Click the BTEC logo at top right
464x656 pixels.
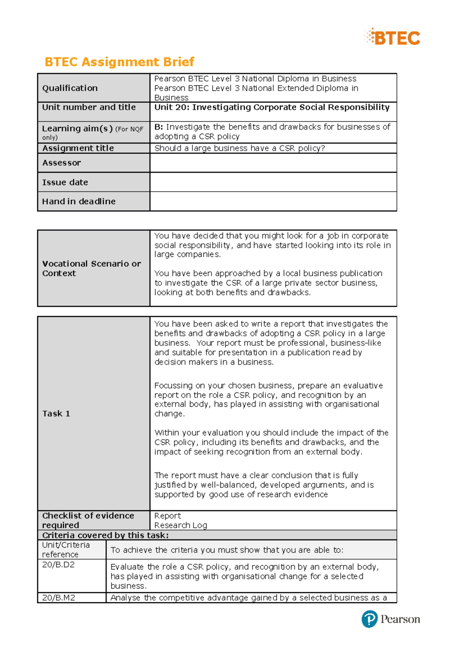pyautogui.click(x=392, y=37)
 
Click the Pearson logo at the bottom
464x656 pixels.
pyautogui.click(x=391, y=619)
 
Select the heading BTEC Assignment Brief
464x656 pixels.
pyautogui.click(x=119, y=62)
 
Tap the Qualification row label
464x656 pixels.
pyautogui.click(x=70, y=88)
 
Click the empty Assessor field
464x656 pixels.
pyautogui.click(x=273, y=163)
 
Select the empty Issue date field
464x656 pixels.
pyautogui.click(x=273, y=182)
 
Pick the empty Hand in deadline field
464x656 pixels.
pyautogui.click(x=273, y=201)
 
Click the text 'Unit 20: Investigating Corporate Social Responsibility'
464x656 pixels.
pyautogui.click(x=272, y=107)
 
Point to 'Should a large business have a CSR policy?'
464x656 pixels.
pyautogui.click(x=239, y=148)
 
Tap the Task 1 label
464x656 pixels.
pyautogui.click(x=56, y=414)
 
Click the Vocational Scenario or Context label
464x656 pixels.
pyautogui.click(x=91, y=269)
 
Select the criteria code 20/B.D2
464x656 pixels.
pyautogui.click(x=58, y=565)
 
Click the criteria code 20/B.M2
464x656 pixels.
pyautogui.click(x=59, y=598)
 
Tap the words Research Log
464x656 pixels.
pyautogui.click(x=181, y=525)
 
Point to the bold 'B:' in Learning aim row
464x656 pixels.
pyautogui.click(x=159, y=127)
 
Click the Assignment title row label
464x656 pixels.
pyautogui.click(x=78, y=148)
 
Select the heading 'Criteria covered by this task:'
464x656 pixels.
pyautogui.click(x=105, y=535)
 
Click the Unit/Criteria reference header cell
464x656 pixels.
pyautogui.click(x=66, y=549)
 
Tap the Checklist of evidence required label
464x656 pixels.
pyautogui.click(x=88, y=520)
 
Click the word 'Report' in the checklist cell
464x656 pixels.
pyautogui.click(x=167, y=516)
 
